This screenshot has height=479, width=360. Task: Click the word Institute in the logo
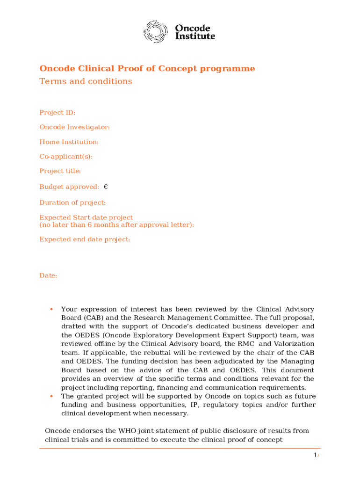(195, 36)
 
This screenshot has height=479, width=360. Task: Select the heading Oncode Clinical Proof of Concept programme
(147, 69)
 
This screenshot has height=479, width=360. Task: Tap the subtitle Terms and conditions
(86, 81)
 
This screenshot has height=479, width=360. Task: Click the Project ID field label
(57, 113)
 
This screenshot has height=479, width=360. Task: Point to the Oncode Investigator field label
(74, 127)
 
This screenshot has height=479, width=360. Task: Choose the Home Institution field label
(69, 142)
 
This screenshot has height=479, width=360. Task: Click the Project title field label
(60, 171)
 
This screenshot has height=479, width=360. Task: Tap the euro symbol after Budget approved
(106, 187)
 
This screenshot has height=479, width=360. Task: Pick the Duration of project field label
(72, 203)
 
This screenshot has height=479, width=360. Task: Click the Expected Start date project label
(86, 218)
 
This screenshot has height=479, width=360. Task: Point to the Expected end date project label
(85, 239)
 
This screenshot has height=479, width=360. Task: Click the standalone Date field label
(48, 276)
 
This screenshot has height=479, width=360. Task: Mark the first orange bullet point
(50, 309)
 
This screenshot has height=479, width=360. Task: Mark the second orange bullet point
(50, 396)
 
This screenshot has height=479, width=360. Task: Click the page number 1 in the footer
(315, 456)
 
